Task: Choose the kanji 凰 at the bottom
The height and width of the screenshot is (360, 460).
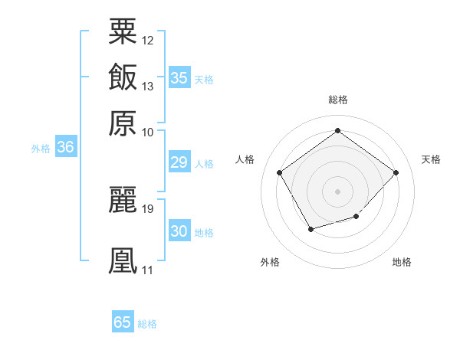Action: point(123,260)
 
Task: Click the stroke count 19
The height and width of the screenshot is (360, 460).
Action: point(148,208)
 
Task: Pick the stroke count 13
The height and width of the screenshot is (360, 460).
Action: point(148,86)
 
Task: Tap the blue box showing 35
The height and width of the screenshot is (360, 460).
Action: point(179,78)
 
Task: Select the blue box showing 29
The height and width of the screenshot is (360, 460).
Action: point(179,162)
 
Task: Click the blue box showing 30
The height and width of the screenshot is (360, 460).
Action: point(179,231)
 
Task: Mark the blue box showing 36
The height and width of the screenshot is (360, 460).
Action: point(65,149)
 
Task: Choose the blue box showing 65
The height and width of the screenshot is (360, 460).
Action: point(123,322)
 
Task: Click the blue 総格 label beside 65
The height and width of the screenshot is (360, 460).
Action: point(147,324)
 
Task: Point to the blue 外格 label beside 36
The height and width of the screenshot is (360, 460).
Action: point(41,149)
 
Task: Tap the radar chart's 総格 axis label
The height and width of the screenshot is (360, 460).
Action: point(337,100)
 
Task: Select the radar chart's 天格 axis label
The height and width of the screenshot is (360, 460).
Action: point(431,159)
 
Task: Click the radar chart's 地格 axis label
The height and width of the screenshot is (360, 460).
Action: point(402,262)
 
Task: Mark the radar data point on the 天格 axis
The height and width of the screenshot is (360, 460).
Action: point(396,172)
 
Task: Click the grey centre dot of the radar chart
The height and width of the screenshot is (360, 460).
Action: point(337,191)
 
